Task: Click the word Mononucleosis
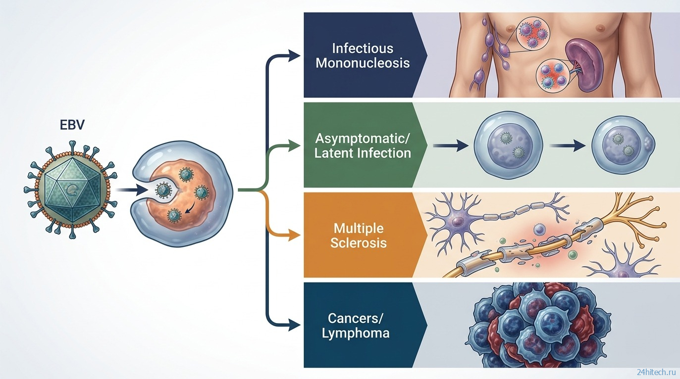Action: click(363, 63)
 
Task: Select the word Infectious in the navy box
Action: click(363, 48)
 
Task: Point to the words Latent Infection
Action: click(363, 153)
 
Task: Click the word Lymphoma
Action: click(356, 333)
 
